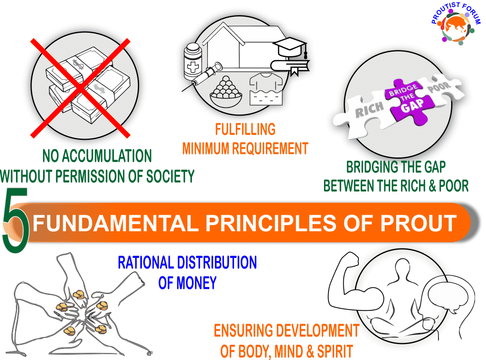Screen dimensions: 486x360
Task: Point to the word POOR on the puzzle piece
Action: click(x=439, y=87)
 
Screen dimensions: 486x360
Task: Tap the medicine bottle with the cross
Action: click(x=193, y=62)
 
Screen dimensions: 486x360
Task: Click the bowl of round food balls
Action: click(x=226, y=92)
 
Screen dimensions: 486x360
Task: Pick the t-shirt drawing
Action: click(x=266, y=89)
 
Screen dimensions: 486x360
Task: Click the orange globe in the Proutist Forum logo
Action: click(x=456, y=27)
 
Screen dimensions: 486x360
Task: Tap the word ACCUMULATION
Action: click(x=107, y=156)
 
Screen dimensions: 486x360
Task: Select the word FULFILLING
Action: click(x=245, y=130)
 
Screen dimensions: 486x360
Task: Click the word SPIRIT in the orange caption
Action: click(x=335, y=351)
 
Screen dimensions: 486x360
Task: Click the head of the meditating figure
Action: click(x=402, y=267)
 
